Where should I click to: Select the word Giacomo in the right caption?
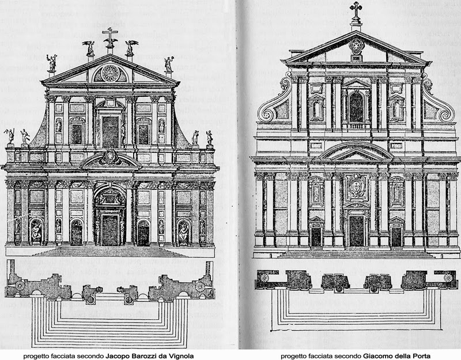pos(379,356)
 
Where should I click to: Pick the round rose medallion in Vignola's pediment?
pos(109,73)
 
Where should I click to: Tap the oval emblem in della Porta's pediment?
pos(356,45)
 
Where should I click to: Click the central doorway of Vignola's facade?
pos(109,229)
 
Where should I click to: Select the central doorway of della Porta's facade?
pos(356,230)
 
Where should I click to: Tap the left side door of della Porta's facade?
pos(316,236)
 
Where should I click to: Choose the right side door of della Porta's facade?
pos(396,236)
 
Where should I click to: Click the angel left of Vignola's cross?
pos(89,48)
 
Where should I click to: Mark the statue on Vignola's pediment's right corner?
pos(169,64)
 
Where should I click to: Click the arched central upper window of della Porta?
pos(356,107)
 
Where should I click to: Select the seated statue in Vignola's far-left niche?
pos(36,232)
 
